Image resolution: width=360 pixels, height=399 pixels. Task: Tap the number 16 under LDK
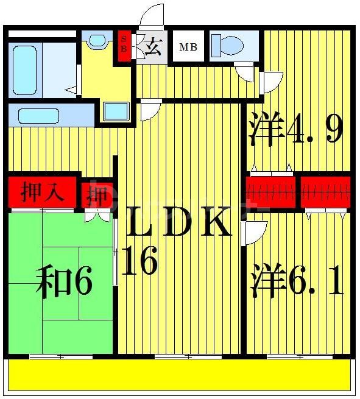140,261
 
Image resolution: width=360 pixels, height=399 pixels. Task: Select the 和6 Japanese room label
63,283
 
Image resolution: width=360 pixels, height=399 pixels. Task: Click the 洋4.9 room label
296,129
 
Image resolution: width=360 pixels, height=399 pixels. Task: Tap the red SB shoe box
124,46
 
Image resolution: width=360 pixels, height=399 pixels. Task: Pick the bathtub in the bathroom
24,68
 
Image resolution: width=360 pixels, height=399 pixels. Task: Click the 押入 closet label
42,193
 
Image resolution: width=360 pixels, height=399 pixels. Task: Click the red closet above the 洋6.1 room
326,192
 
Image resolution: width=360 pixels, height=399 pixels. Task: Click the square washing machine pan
116,111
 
